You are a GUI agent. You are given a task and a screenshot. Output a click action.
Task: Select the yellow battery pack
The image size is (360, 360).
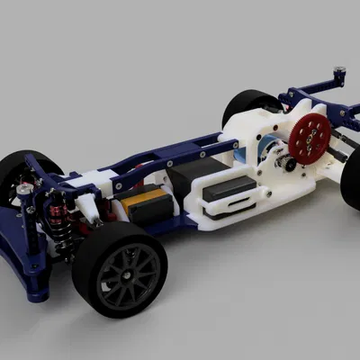144,202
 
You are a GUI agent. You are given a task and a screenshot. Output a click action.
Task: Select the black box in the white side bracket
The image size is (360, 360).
229,188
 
